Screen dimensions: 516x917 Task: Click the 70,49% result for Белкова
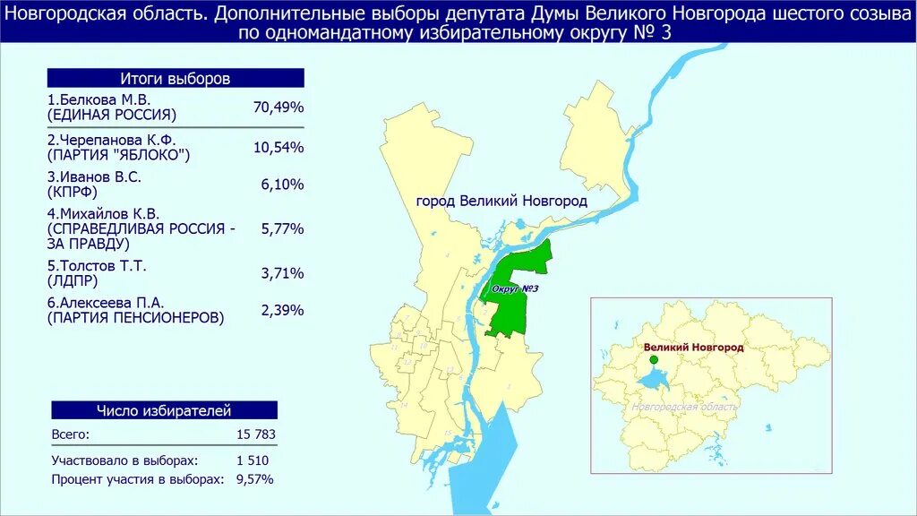(x=279, y=107)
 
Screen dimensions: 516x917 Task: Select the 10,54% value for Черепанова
(x=279, y=147)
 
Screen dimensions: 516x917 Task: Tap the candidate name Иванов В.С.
(x=95, y=176)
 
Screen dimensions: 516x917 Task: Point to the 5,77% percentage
(x=282, y=228)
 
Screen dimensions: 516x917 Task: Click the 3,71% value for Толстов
(x=282, y=272)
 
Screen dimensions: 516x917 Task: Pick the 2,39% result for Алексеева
(x=282, y=310)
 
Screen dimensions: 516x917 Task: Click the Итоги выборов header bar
(x=176, y=78)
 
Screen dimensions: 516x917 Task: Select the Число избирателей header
(x=164, y=410)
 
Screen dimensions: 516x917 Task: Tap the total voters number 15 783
(x=255, y=434)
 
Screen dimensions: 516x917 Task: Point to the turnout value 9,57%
(x=255, y=479)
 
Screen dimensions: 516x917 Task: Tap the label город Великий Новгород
(x=501, y=201)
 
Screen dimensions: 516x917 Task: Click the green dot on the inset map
(x=654, y=359)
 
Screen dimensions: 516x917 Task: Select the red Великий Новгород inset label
(x=694, y=347)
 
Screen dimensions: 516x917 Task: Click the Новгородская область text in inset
(x=685, y=407)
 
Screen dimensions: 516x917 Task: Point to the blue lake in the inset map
(x=652, y=380)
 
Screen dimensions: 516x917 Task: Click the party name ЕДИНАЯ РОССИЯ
(x=112, y=116)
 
